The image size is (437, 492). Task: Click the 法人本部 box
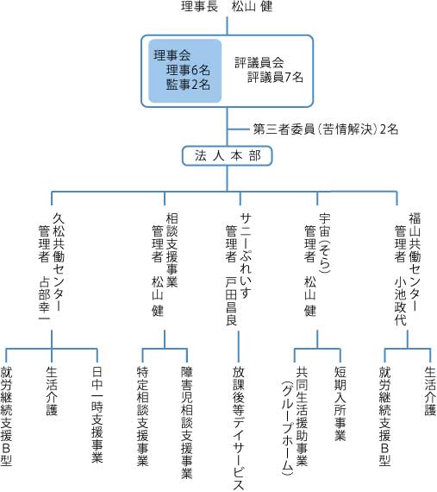(x=227, y=155)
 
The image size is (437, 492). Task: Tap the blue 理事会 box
(x=184, y=71)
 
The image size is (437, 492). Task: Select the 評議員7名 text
(x=275, y=77)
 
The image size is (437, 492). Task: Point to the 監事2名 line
(x=188, y=85)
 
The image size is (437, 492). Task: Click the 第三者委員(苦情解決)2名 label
(x=326, y=129)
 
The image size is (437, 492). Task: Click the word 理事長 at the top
(x=199, y=6)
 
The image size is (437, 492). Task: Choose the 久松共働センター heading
(x=59, y=262)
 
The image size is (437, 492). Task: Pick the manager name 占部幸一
(x=44, y=299)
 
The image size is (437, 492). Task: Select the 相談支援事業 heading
(x=172, y=250)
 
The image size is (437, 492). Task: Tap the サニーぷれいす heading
(x=246, y=256)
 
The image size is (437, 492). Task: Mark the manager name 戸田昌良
(x=232, y=301)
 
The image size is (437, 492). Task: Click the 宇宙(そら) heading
(x=325, y=243)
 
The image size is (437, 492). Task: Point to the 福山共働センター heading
(x=415, y=262)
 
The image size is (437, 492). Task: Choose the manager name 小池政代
(x=400, y=301)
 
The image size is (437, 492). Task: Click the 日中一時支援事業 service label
(x=97, y=414)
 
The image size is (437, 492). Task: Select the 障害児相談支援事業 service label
(x=187, y=422)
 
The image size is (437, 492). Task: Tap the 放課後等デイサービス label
(x=239, y=428)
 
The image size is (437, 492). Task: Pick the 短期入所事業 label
(x=340, y=403)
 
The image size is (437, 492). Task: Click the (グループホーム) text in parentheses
(x=287, y=426)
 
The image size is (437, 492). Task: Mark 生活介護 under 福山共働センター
(x=430, y=391)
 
